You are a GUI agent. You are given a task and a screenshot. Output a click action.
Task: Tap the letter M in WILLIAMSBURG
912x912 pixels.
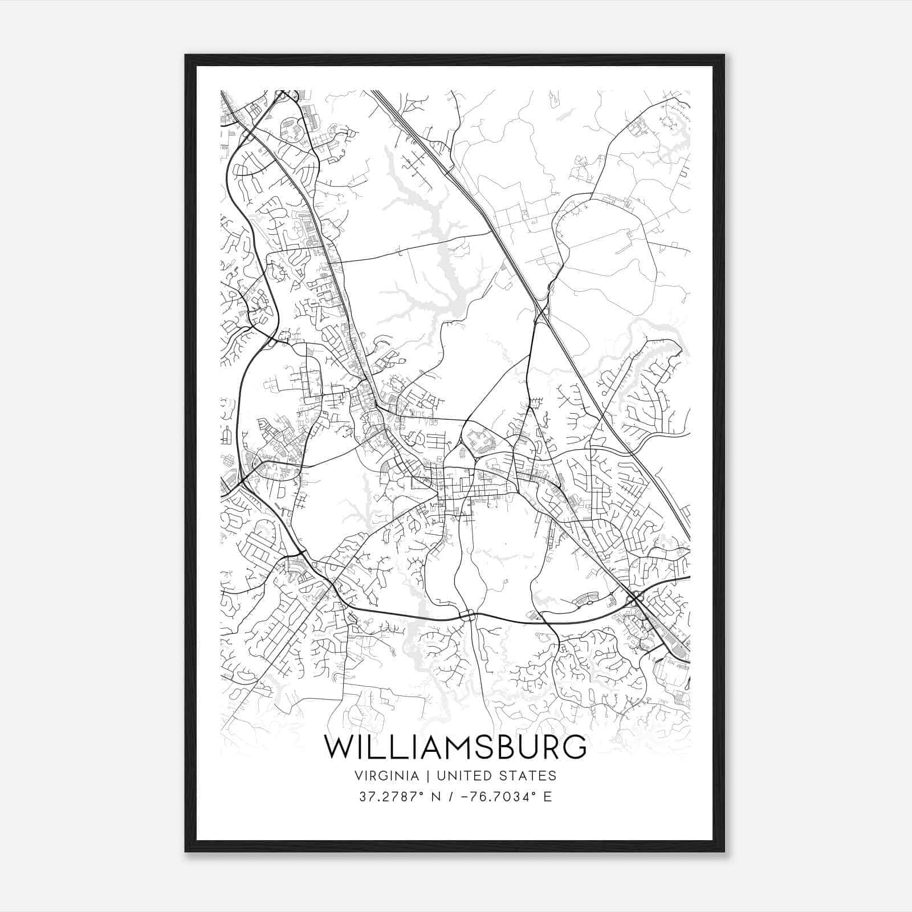tap(450, 747)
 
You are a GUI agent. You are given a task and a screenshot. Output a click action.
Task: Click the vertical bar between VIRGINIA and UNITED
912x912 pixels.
tap(422, 776)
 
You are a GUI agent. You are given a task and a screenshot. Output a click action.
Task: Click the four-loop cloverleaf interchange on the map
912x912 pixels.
tap(636, 597)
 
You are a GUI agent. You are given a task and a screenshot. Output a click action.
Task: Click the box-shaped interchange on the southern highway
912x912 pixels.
tap(467, 614)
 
